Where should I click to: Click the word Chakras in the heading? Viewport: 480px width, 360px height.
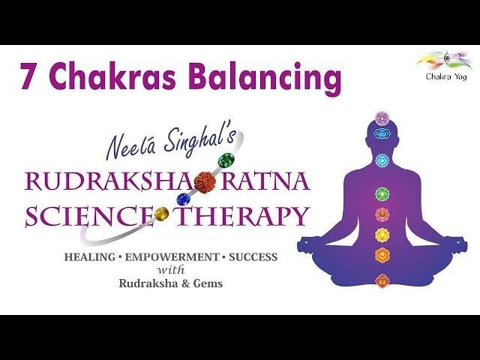116,74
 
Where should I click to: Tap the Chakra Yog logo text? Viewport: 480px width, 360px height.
446,76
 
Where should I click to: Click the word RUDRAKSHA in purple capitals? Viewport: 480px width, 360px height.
109,181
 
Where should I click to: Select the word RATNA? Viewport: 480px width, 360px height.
264,181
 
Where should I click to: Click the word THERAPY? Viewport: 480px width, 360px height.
241,215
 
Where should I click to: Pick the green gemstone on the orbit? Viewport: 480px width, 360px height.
226,160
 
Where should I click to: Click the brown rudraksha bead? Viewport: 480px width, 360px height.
205,181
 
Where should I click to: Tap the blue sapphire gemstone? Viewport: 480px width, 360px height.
184,199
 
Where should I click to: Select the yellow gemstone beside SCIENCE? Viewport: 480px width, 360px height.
162,214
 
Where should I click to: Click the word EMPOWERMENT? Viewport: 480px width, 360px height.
171,257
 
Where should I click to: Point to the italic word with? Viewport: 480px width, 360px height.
171,270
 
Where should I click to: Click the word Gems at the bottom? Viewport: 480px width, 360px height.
208,283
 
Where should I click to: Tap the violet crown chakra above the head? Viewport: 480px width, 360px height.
382,118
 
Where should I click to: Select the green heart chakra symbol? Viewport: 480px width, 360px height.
382,194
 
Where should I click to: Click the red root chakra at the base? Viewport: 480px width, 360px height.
382,280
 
